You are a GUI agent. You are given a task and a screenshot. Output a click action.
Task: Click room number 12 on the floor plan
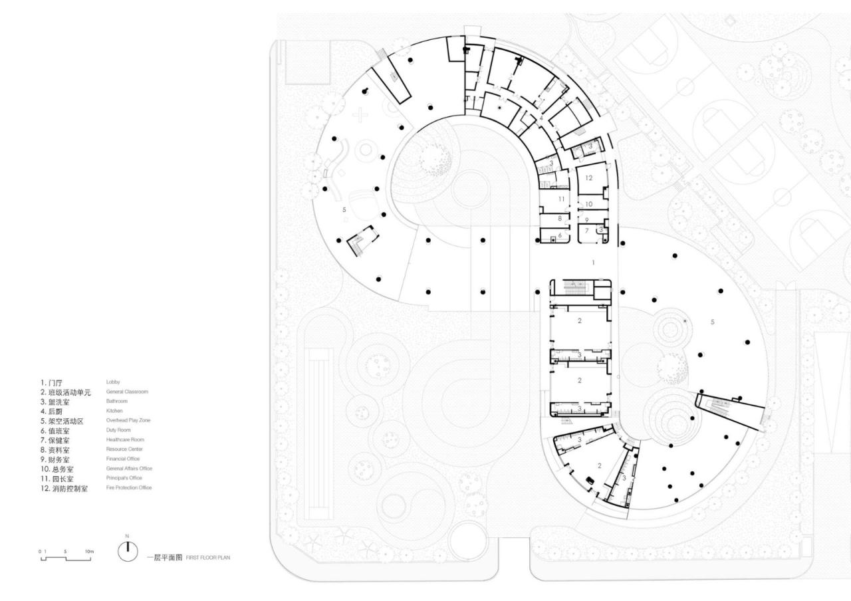coord(590,178)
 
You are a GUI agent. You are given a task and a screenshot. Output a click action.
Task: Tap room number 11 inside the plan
coord(562,199)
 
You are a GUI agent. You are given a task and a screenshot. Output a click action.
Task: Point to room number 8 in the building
coord(560,218)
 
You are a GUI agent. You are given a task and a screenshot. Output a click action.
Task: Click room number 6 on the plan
coord(560,235)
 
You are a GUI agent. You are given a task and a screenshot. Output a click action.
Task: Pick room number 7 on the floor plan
coord(587,230)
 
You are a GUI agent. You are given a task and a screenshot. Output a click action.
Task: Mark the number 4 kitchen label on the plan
coord(543,118)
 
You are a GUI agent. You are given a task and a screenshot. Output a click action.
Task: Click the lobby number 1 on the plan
coord(594,263)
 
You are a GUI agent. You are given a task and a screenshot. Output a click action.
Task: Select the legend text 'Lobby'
coord(113,382)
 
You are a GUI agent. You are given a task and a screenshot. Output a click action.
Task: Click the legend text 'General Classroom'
coord(127,392)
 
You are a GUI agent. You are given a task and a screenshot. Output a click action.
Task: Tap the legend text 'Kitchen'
coord(114,411)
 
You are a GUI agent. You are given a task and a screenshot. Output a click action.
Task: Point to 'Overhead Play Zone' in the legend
coord(128,421)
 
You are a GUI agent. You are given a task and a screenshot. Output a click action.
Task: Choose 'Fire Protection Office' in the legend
coord(129,488)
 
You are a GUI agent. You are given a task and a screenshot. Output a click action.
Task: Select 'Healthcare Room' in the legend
coord(125,439)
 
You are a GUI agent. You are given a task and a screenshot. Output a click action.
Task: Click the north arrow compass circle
coord(127,550)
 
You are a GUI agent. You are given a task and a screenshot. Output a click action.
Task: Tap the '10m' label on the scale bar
coord(89,551)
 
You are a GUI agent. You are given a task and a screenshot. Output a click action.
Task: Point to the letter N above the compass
coord(127,536)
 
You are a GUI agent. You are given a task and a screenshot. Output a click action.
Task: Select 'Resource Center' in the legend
coord(124,449)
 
